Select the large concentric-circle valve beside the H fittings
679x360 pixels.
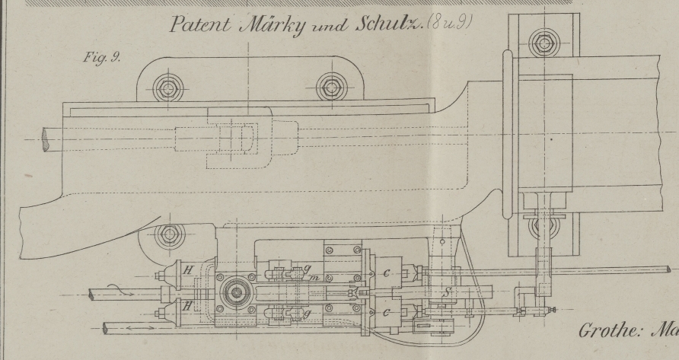[233, 292]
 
